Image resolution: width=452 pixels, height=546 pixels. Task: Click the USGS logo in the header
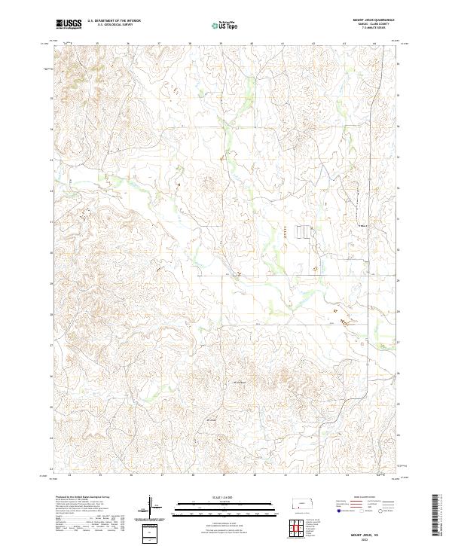tap(67, 24)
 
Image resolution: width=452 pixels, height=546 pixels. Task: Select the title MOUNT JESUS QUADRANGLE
tap(374, 20)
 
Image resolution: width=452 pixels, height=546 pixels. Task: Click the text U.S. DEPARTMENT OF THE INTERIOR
tap(114, 21)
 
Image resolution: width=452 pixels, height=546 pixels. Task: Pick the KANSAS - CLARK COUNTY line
tap(374, 25)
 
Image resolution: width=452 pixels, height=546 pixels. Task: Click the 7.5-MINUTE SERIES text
tap(374, 29)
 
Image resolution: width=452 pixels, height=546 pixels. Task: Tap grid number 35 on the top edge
tap(99, 43)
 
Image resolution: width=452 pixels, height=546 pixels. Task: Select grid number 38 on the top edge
tap(190, 43)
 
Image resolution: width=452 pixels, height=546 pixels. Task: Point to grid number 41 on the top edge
tap(282, 43)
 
